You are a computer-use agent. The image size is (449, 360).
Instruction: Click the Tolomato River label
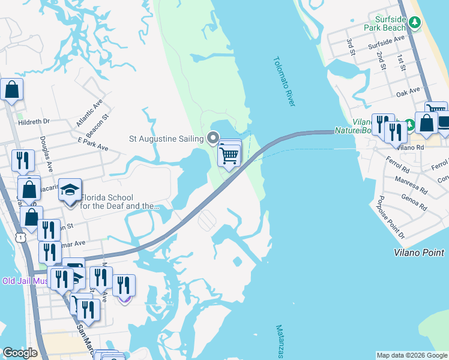click(284, 82)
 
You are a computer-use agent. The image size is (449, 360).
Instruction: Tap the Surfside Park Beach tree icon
click(414, 23)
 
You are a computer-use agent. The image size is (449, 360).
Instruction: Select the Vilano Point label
click(419, 253)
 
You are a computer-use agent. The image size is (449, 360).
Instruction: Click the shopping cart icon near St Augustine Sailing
click(229, 155)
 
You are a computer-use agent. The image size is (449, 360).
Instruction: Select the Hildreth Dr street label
click(34, 121)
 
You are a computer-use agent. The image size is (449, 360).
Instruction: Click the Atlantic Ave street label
click(89, 113)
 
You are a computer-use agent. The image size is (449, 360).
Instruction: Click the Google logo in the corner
click(20, 353)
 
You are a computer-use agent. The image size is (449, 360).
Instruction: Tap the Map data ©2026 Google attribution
click(412, 355)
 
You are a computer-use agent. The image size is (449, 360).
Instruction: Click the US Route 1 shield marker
click(22, 238)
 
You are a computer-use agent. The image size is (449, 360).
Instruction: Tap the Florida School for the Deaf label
click(122, 202)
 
